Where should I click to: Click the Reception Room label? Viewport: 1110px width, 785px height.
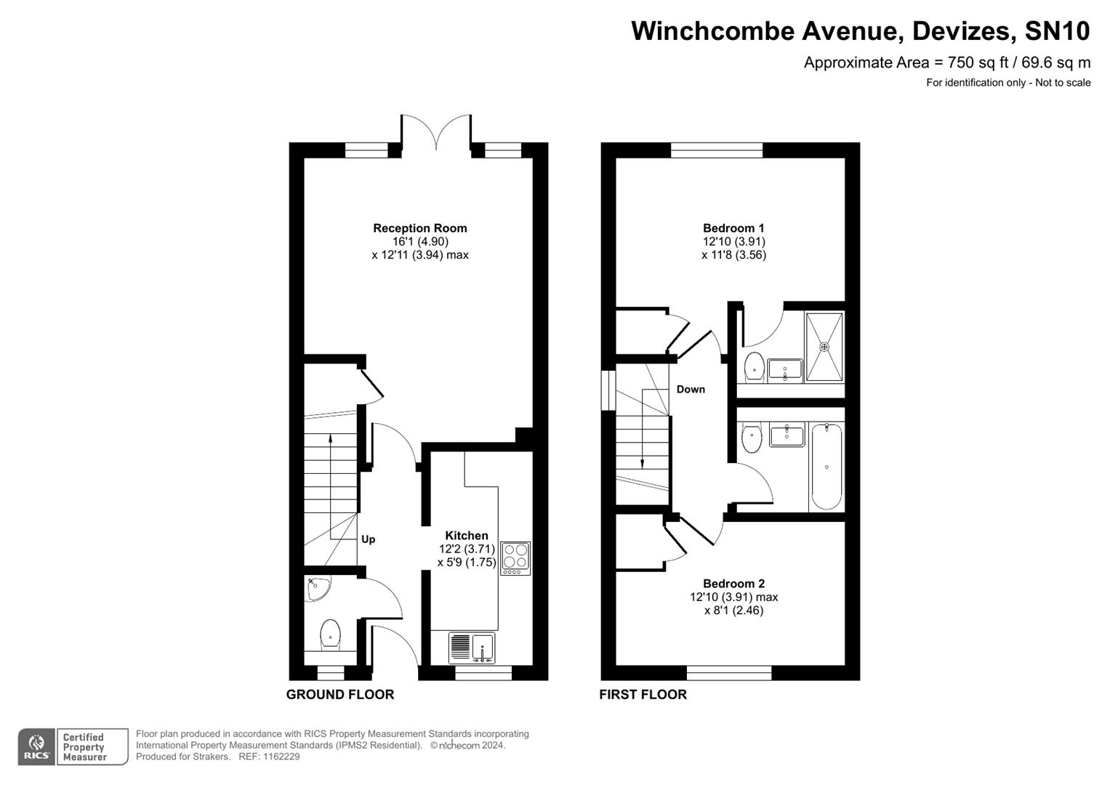(419, 228)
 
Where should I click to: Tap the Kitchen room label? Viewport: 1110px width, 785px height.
(467, 536)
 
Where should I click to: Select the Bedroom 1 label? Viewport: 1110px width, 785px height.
(733, 228)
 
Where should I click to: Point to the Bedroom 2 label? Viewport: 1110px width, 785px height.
(733, 584)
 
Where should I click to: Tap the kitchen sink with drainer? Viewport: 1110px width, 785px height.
(472, 647)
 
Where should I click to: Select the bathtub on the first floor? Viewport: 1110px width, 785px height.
(827, 467)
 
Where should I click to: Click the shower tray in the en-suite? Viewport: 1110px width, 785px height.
(824, 347)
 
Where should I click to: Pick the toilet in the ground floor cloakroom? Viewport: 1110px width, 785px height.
(331, 634)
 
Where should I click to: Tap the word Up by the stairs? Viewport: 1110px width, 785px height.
(369, 539)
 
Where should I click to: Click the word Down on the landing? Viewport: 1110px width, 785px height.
(691, 390)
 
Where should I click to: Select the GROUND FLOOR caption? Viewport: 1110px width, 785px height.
(340, 694)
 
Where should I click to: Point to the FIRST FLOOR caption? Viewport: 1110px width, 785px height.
(643, 694)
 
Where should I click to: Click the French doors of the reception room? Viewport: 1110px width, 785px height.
(436, 134)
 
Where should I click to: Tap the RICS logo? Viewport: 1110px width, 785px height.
(36, 747)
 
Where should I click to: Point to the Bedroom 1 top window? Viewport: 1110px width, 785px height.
(717, 150)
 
